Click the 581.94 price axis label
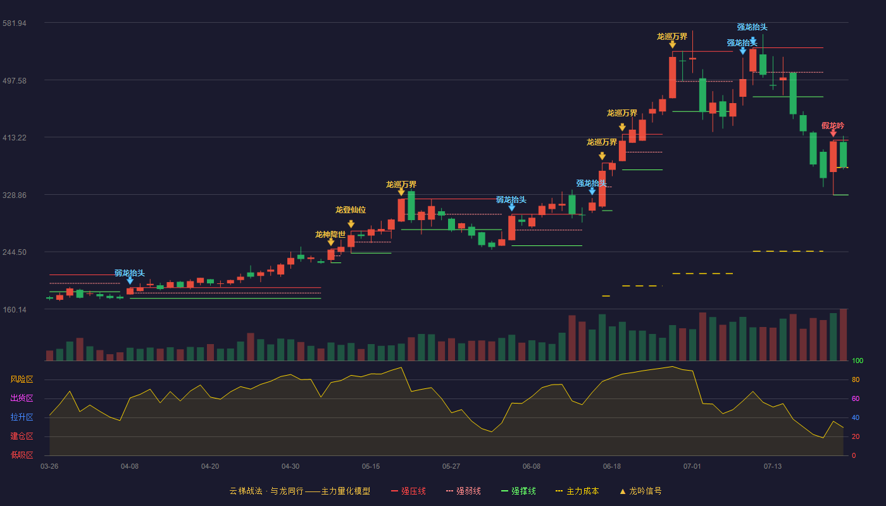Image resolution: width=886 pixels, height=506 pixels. coord(14,23)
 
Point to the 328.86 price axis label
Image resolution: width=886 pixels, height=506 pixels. coord(14,195)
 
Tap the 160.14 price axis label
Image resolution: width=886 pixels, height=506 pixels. coord(15,309)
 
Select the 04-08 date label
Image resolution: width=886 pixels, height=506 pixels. coord(130,467)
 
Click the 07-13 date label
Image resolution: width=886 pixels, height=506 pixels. coord(773,467)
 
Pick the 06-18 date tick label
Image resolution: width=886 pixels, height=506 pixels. coord(612,467)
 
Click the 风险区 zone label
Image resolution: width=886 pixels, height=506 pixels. coord(22,379)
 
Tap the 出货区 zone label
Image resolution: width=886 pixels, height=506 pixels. coord(22,398)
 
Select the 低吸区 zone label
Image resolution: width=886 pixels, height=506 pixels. coord(22,455)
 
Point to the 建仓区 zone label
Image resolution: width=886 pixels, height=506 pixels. coord(22,436)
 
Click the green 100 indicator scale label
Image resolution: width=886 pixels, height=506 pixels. coord(858,361)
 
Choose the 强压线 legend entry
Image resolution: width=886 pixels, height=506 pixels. coord(408,491)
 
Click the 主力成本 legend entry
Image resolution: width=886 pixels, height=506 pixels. coord(577,491)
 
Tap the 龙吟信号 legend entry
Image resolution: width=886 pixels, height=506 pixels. coord(640,491)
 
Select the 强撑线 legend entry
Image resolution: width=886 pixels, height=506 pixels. coord(518,491)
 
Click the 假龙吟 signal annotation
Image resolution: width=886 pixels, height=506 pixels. coord(833,126)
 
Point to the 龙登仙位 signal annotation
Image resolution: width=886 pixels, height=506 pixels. coord(351,210)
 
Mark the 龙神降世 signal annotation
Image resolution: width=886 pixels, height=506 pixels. coord(330,235)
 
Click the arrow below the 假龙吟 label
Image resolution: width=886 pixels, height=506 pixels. coord(833,133)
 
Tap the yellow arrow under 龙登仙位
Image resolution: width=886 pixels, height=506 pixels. coord(351,224)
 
